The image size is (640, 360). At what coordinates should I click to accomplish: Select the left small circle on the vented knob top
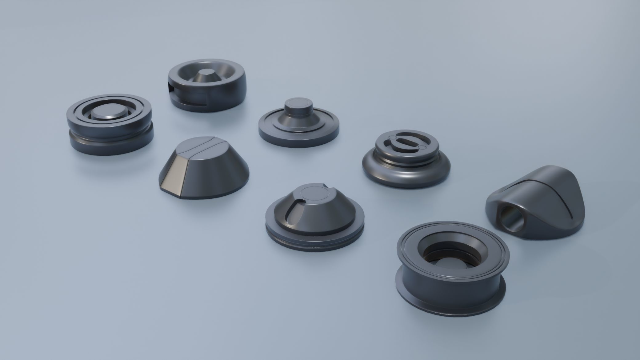pos(393,138)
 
